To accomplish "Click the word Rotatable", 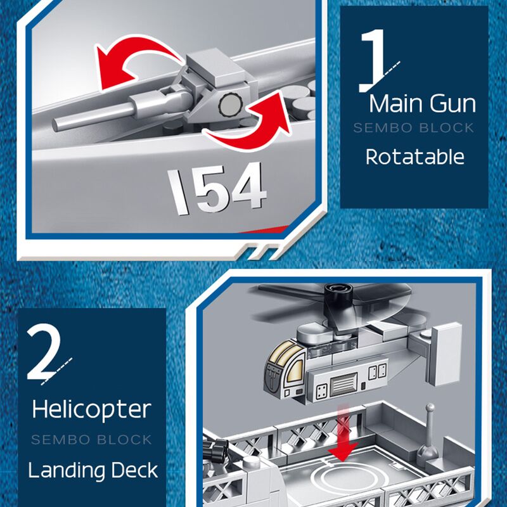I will click(415, 156).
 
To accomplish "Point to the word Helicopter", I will click(92, 409).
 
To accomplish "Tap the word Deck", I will click(133, 470).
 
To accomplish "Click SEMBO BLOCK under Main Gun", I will click(414, 128).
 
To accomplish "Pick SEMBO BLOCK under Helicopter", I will click(92, 439).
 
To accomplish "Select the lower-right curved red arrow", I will click(257, 120).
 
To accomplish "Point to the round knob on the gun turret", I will click(229, 105).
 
